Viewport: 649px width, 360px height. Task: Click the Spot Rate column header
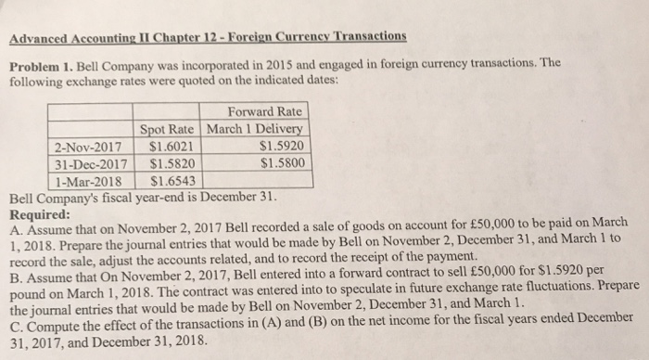point(171,129)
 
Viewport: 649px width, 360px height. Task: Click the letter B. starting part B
point(16,269)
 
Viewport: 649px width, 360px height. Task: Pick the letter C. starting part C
point(16,328)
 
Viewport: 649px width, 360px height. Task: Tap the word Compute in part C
point(52,328)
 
